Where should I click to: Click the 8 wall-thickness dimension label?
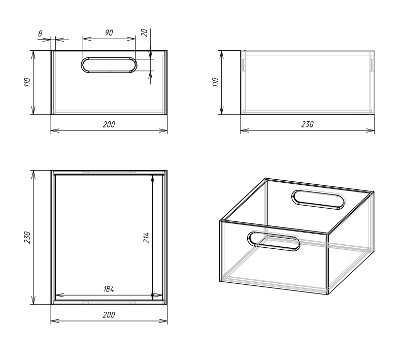[41, 34]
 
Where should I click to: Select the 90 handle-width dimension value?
[109, 32]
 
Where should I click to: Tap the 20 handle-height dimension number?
[145, 33]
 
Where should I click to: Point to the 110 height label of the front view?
[27, 82]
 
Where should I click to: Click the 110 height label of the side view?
[216, 82]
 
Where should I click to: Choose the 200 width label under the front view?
[109, 125]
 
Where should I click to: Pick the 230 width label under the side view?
[308, 125]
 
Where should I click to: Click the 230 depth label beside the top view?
[27, 237]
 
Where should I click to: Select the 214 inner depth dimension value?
[146, 238]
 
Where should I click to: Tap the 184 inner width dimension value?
[109, 289]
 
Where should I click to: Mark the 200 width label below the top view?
[109, 315]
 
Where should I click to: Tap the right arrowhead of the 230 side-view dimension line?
[370, 130]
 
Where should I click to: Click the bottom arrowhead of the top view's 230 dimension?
[33, 300]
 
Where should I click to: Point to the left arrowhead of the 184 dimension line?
[59, 295]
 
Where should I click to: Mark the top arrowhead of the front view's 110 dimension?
[33, 55]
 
